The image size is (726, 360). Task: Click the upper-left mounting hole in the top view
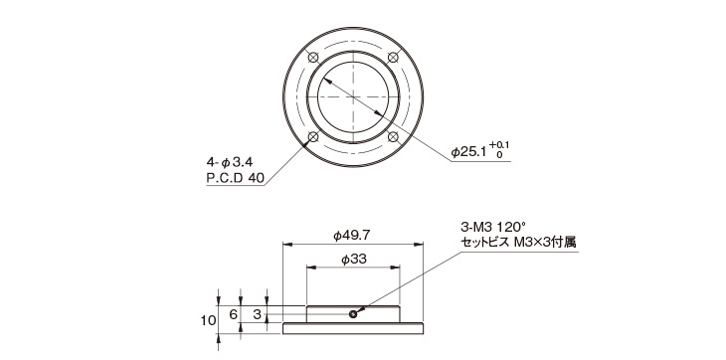coord(313,56)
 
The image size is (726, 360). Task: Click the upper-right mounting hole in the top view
coord(394,56)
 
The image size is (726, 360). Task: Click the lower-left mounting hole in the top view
coord(313,136)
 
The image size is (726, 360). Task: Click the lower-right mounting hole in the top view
coord(394,136)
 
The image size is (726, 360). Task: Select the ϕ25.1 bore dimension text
coord(472,153)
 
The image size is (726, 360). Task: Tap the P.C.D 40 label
coord(235,179)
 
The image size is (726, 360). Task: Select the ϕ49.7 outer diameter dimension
coord(354,235)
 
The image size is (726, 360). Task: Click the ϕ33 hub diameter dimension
coord(354,259)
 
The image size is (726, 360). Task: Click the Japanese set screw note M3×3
coord(517,242)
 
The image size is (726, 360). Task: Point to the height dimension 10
coord(206,319)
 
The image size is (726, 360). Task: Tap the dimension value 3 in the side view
coord(257,314)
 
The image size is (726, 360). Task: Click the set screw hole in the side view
coord(354,314)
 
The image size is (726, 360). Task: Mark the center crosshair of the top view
coord(354,96)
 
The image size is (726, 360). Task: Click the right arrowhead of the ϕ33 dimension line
coord(399,267)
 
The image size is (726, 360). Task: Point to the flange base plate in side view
coord(354,329)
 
